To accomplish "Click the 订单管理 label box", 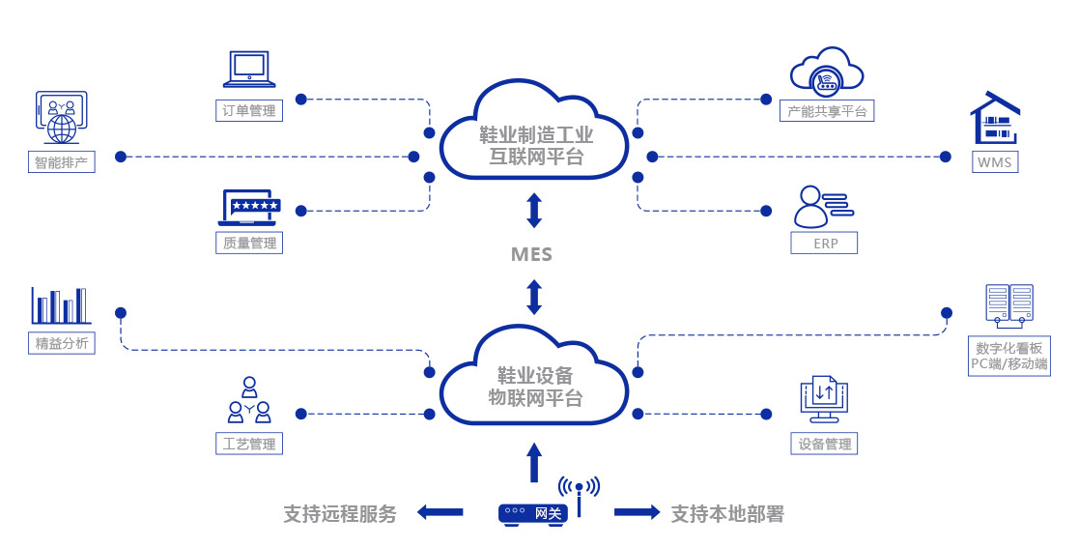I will coord(249,110).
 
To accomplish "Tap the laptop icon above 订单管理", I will coord(248,69).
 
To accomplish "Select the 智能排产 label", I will coord(62,162).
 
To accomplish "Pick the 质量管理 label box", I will coord(249,243).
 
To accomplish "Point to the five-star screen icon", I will coord(249,207).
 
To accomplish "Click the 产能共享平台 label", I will coord(826,110).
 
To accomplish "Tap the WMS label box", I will coord(995,162).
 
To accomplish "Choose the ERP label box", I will coord(826,243).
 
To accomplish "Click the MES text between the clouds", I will coord(532,255).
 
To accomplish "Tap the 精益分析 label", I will coord(62,342).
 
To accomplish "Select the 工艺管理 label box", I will coord(249,444).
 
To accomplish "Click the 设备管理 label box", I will coord(826,444).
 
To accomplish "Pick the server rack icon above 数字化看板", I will coord(1008,303).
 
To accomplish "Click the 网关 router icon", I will coord(532,513).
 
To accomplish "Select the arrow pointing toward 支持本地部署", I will coord(637,512).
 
